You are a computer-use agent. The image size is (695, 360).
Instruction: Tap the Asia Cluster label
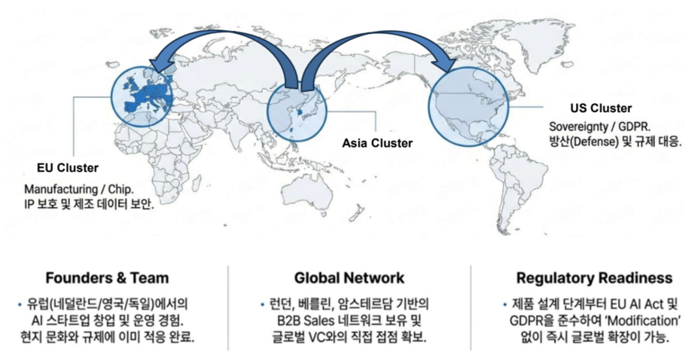pos(377,142)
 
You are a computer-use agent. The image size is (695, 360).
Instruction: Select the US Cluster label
pos(601,108)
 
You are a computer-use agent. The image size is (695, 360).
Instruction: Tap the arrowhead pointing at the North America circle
pos(444,66)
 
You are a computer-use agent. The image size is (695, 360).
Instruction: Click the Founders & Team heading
pos(107,277)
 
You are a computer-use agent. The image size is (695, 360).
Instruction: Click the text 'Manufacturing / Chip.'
pos(75,189)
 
